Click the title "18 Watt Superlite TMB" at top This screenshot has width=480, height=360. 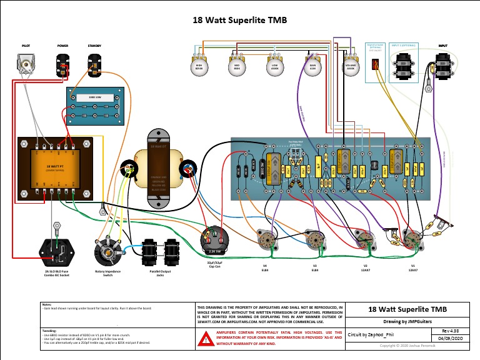click(x=240, y=20)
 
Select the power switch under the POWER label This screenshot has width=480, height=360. click(x=63, y=64)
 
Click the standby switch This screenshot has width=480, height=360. click(x=94, y=64)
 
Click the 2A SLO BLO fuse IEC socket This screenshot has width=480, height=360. click(x=56, y=252)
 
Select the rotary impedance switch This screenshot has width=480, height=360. click(x=107, y=254)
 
